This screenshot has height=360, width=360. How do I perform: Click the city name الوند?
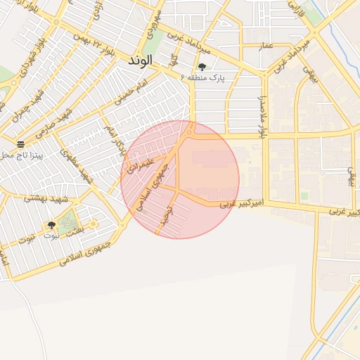tap(140, 61)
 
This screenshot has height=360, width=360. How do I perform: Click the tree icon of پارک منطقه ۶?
tap(202, 67)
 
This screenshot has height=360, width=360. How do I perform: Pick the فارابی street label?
tap(295, 9)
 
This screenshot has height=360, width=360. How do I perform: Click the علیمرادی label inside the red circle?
tap(139, 166)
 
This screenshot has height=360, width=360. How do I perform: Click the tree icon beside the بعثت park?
tap(51, 225)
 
